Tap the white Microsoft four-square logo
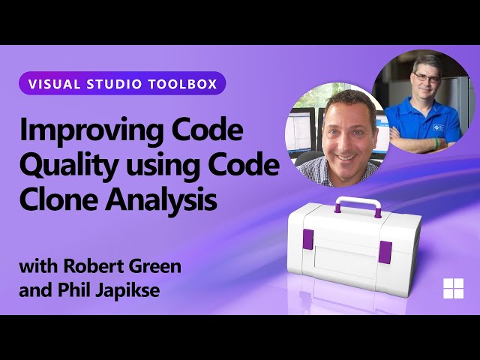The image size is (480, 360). point(453,289)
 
